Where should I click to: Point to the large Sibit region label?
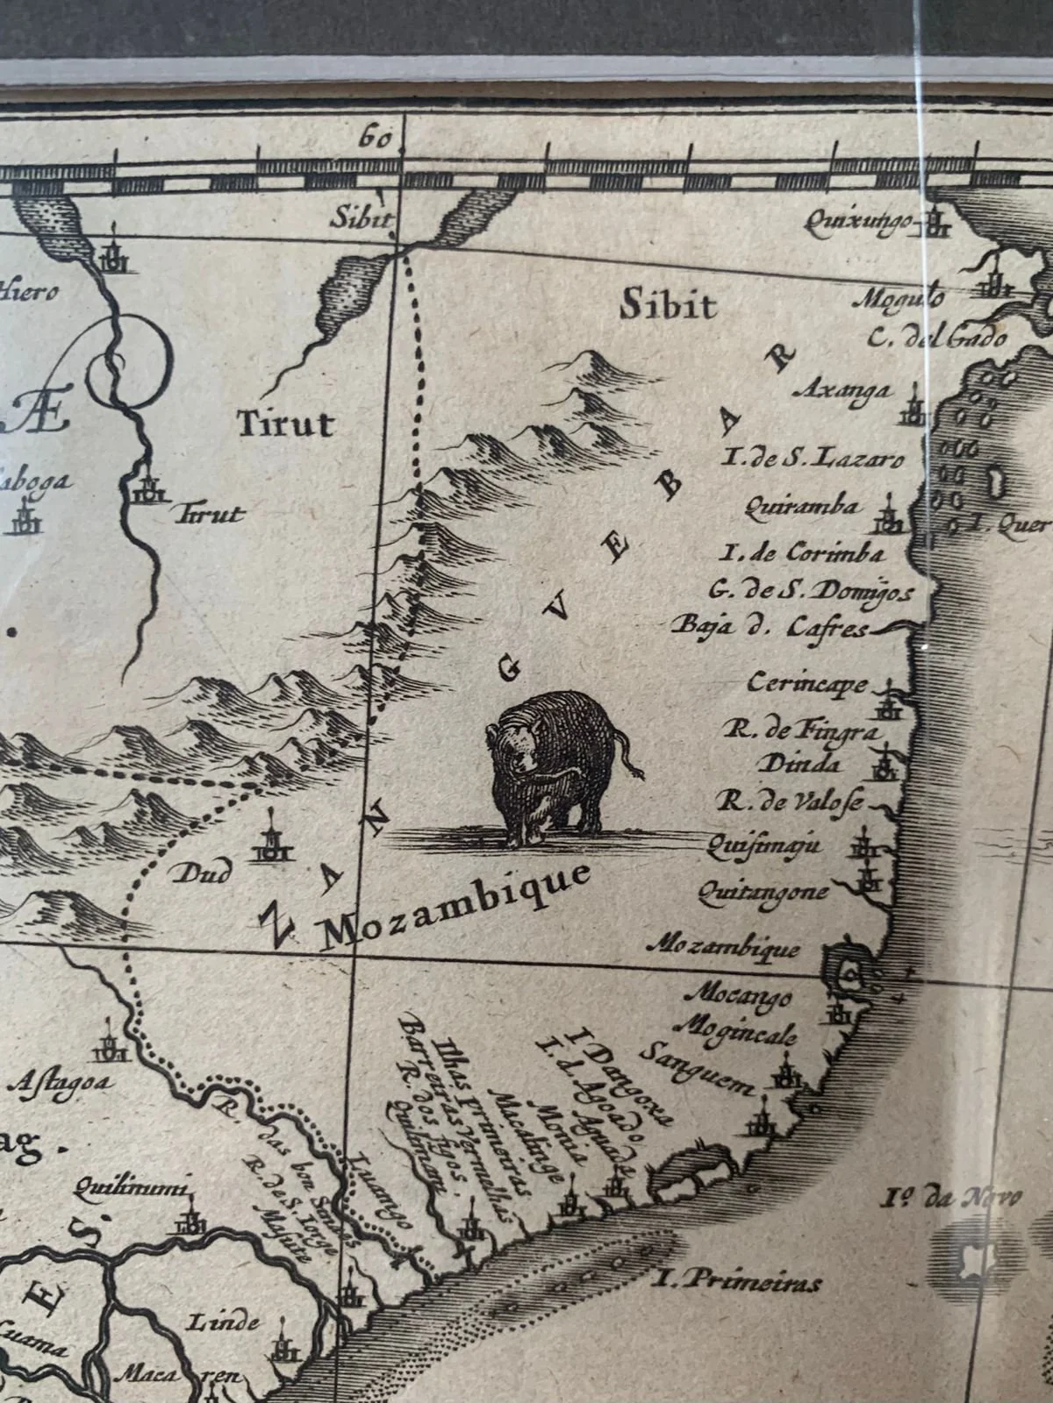(668, 304)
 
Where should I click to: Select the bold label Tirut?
(286, 425)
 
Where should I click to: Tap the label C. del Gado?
(937, 338)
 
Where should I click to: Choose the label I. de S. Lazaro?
(812, 456)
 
